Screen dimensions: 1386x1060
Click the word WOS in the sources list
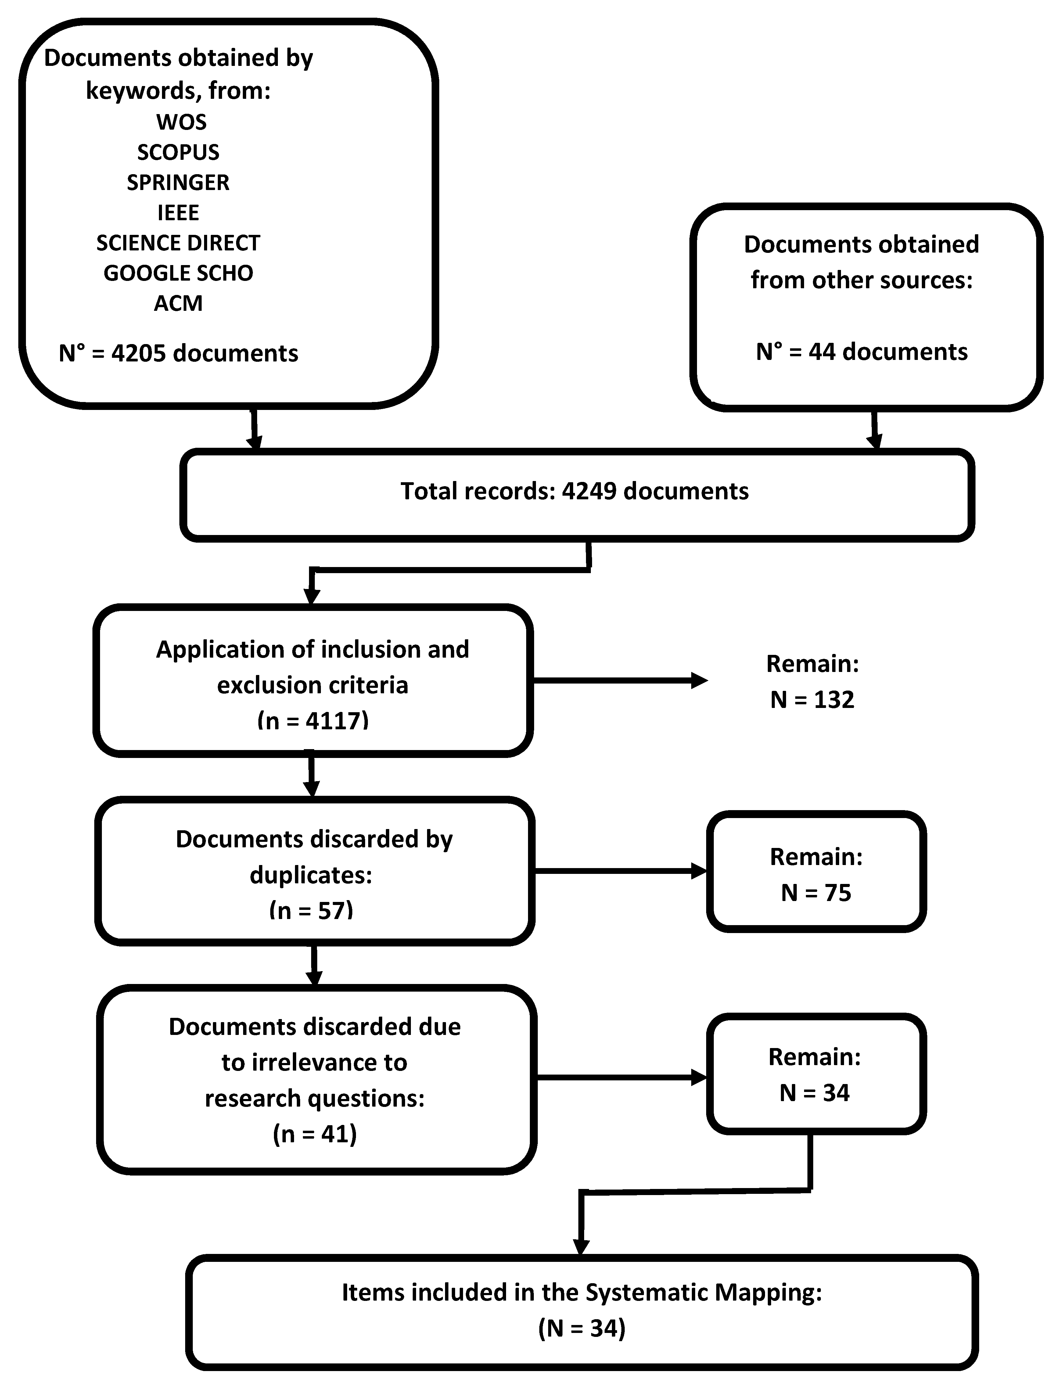coord(181,122)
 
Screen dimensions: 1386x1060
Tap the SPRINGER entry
coord(178,182)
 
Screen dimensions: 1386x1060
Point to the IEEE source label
coord(178,213)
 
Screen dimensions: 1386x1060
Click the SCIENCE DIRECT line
coord(178,243)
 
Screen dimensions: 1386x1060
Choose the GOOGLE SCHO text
coord(178,273)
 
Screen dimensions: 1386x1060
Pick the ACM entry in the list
coord(178,303)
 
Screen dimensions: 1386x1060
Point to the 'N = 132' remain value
coord(812,700)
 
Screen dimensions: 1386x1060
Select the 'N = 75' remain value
coord(816,893)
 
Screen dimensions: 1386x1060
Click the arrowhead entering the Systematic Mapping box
coord(580,1246)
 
